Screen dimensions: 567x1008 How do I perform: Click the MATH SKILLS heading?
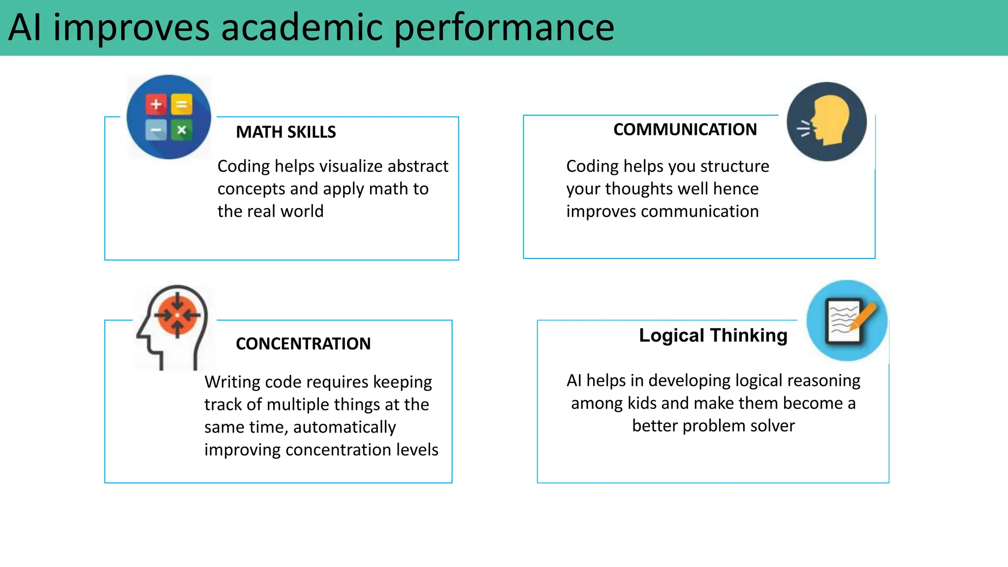point(285,132)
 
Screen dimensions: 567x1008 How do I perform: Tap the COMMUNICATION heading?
point(685,129)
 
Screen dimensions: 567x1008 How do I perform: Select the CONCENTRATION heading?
point(303,344)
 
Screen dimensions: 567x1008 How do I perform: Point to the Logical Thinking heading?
point(713,335)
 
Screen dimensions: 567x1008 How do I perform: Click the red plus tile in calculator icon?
point(156,104)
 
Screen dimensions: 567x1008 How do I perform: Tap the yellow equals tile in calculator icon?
point(182,104)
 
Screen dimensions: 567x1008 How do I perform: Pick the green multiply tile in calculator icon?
point(182,130)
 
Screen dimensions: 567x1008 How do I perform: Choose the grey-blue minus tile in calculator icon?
point(156,130)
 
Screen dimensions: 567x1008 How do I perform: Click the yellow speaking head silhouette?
point(831,120)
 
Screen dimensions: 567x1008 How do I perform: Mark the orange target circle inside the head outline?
point(177,315)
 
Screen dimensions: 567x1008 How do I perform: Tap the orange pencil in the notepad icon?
point(863,315)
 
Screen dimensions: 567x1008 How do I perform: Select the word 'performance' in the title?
point(504,28)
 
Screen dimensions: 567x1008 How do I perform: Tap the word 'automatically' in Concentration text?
point(345,427)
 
